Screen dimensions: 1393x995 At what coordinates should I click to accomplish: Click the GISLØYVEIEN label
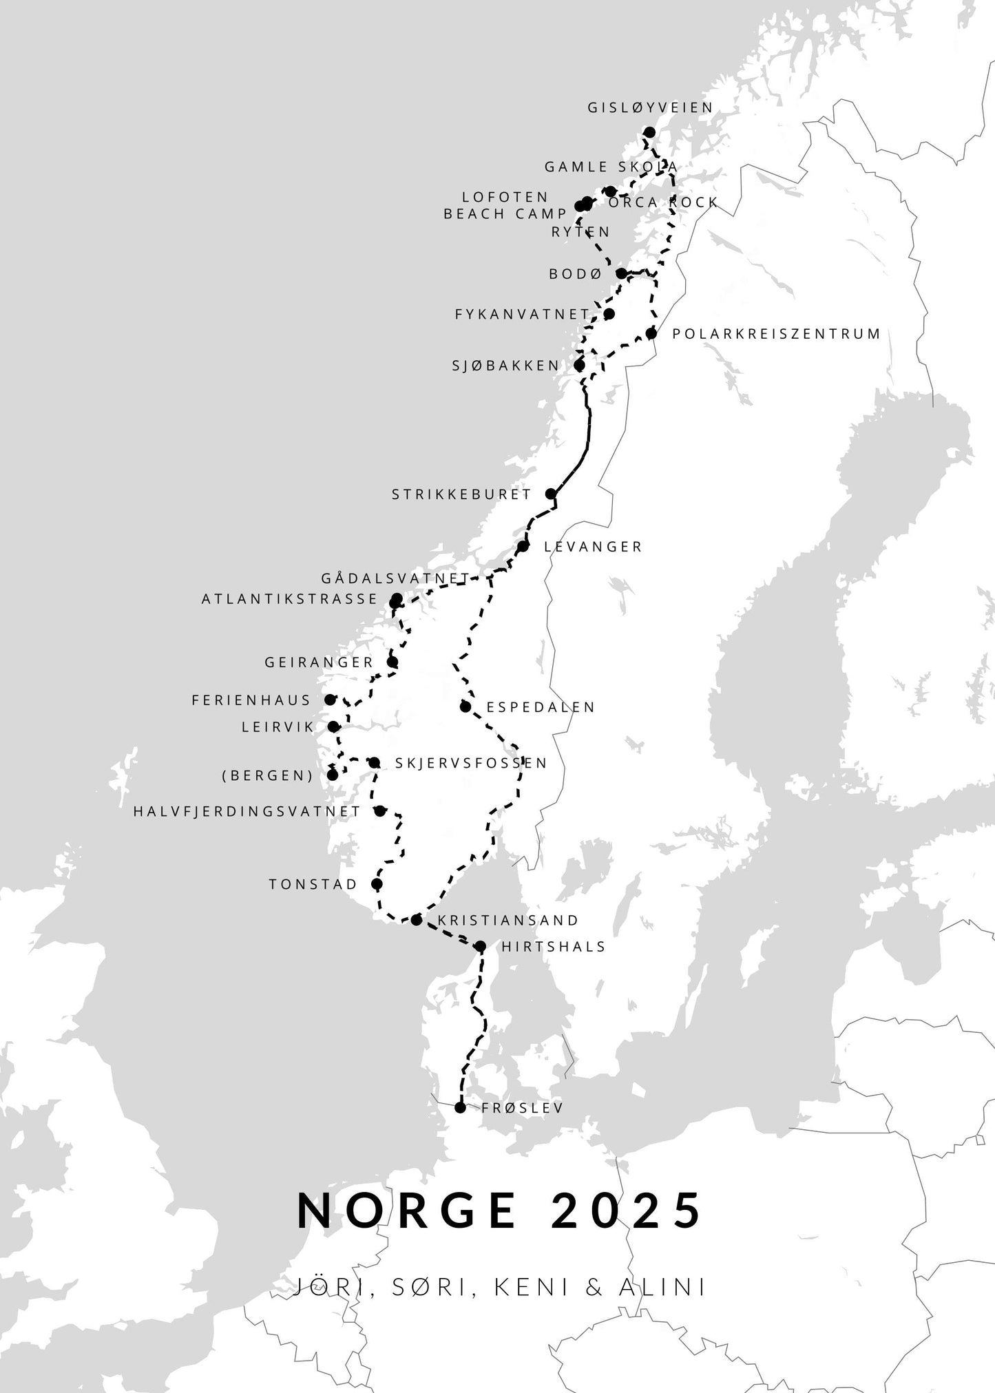[x=650, y=108]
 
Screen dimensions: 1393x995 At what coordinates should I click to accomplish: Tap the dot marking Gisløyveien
[x=649, y=132]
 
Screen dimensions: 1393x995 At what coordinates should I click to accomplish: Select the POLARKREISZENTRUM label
[x=776, y=334]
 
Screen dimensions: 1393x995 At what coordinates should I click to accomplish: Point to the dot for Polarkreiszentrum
[x=651, y=334]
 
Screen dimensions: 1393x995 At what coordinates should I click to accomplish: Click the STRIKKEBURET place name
[x=461, y=494]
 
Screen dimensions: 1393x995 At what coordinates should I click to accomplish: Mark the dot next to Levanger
[x=523, y=547]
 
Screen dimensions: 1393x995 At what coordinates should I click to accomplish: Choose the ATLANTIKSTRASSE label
[x=289, y=599]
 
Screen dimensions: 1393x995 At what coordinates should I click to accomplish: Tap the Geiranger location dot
[x=392, y=662]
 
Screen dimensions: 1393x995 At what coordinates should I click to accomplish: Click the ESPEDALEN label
[x=541, y=707]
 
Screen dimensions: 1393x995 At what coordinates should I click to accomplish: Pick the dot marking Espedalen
[x=465, y=706]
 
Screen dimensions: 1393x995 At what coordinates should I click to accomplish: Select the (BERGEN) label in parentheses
[x=267, y=775]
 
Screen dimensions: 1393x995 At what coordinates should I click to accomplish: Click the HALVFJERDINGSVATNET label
[x=247, y=812]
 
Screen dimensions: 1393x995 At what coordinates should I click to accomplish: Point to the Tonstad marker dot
[x=377, y=884]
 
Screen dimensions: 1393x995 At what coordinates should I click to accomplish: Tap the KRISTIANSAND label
[x=508, y=921]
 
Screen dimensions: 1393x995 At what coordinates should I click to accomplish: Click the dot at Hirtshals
[x=481, y=947]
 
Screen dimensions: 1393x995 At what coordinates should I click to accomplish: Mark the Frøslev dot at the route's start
[x=461, y=1127]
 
